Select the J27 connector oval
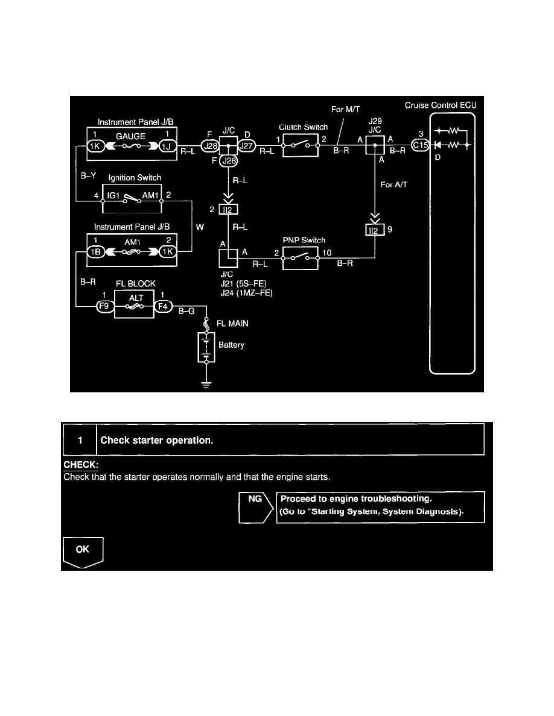coord(247,145)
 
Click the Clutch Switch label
coord(303,127)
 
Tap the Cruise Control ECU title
coord(441,106)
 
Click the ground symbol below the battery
coord(206,384)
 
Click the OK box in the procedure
coord(83,550)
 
